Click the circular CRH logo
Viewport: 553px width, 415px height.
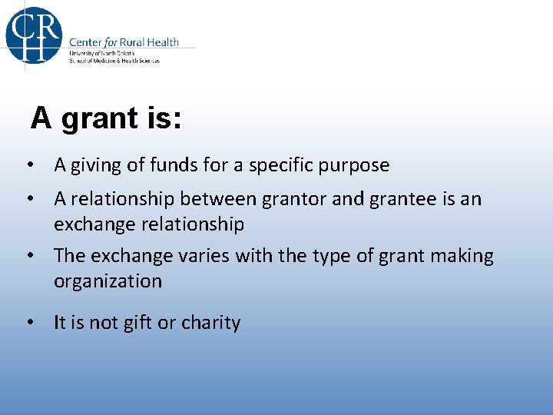(33, 35)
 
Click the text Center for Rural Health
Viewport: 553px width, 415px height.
(124, 42)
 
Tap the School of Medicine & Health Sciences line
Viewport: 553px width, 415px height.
(114, 61)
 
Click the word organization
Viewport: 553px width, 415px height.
(108, 282)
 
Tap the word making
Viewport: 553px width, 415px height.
(461, 256)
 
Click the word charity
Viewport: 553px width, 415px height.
(210, 324)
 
